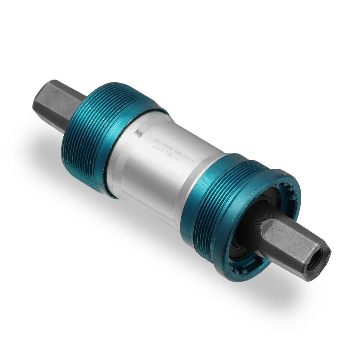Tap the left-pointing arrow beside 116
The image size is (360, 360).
coord(156,148)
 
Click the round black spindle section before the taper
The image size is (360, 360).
coord(257,230)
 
